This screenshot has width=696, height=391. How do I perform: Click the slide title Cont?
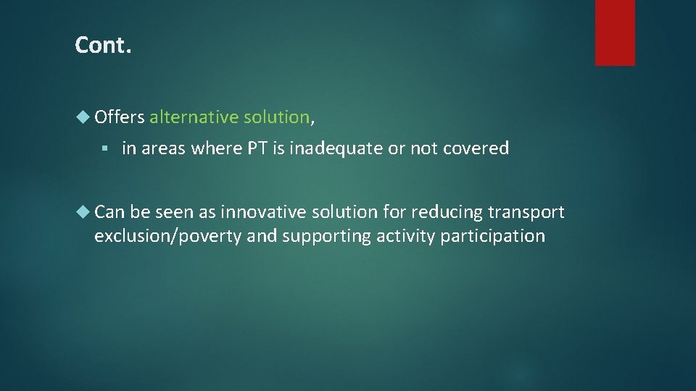(103, 46)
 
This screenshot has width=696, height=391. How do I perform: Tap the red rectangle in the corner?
(615, 33)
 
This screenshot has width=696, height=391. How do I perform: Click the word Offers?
(120, 117)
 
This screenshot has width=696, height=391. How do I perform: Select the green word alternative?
(194, 117)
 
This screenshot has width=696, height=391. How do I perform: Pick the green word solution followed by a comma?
(277, 117)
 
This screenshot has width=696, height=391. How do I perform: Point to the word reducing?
(446, 213)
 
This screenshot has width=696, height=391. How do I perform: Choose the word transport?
(526, 213)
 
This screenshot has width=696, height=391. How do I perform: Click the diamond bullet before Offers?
(84, 117)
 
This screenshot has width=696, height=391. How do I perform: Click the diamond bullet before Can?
(84, 212)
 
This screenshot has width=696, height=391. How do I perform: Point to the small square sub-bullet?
(105, 149)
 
